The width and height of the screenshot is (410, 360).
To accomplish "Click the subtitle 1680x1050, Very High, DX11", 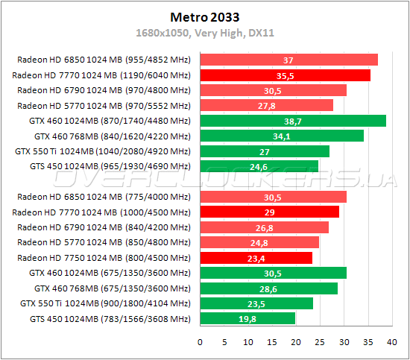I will pos(204,33).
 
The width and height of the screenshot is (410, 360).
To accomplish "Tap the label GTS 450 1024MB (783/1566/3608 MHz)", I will pos(106,319).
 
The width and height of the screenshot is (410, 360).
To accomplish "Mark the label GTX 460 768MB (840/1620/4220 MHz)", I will pos(113,136).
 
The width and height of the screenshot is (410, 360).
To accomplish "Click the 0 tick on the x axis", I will pos(200,342).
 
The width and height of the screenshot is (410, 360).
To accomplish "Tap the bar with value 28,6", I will pos(268,288).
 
